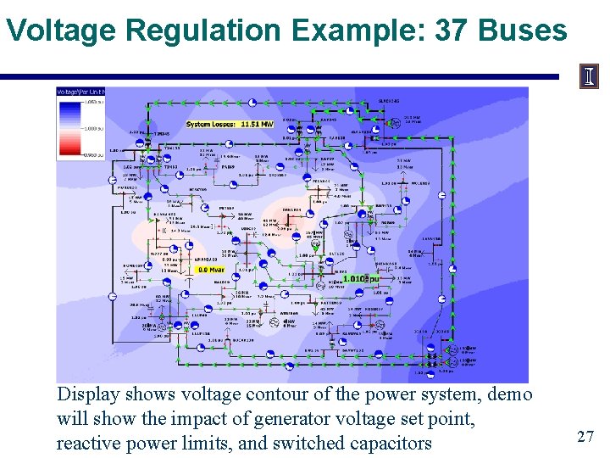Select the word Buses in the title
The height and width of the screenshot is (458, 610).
pos(523,31)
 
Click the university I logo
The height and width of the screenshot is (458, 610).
pos(589,77)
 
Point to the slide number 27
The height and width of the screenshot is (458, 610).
pos(585,436)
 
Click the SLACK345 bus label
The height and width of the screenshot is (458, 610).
pos(390,101)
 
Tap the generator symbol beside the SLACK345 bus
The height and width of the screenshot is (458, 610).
pos(394,122)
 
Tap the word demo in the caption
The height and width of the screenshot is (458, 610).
pos(511,395)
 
